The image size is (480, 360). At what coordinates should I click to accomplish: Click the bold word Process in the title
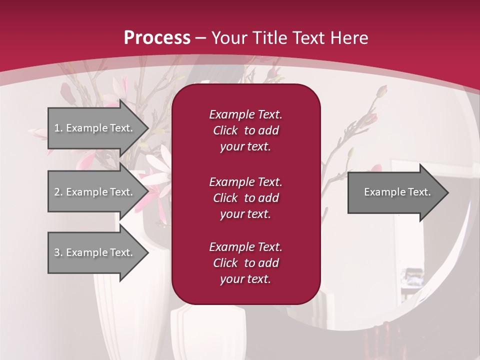tap(157, 38)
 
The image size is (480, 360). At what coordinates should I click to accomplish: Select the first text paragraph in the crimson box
tap(245, 130)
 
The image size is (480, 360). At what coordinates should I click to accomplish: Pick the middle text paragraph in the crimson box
tap(245, 198)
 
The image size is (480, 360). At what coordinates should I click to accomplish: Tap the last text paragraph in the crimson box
tap(245, 263)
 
